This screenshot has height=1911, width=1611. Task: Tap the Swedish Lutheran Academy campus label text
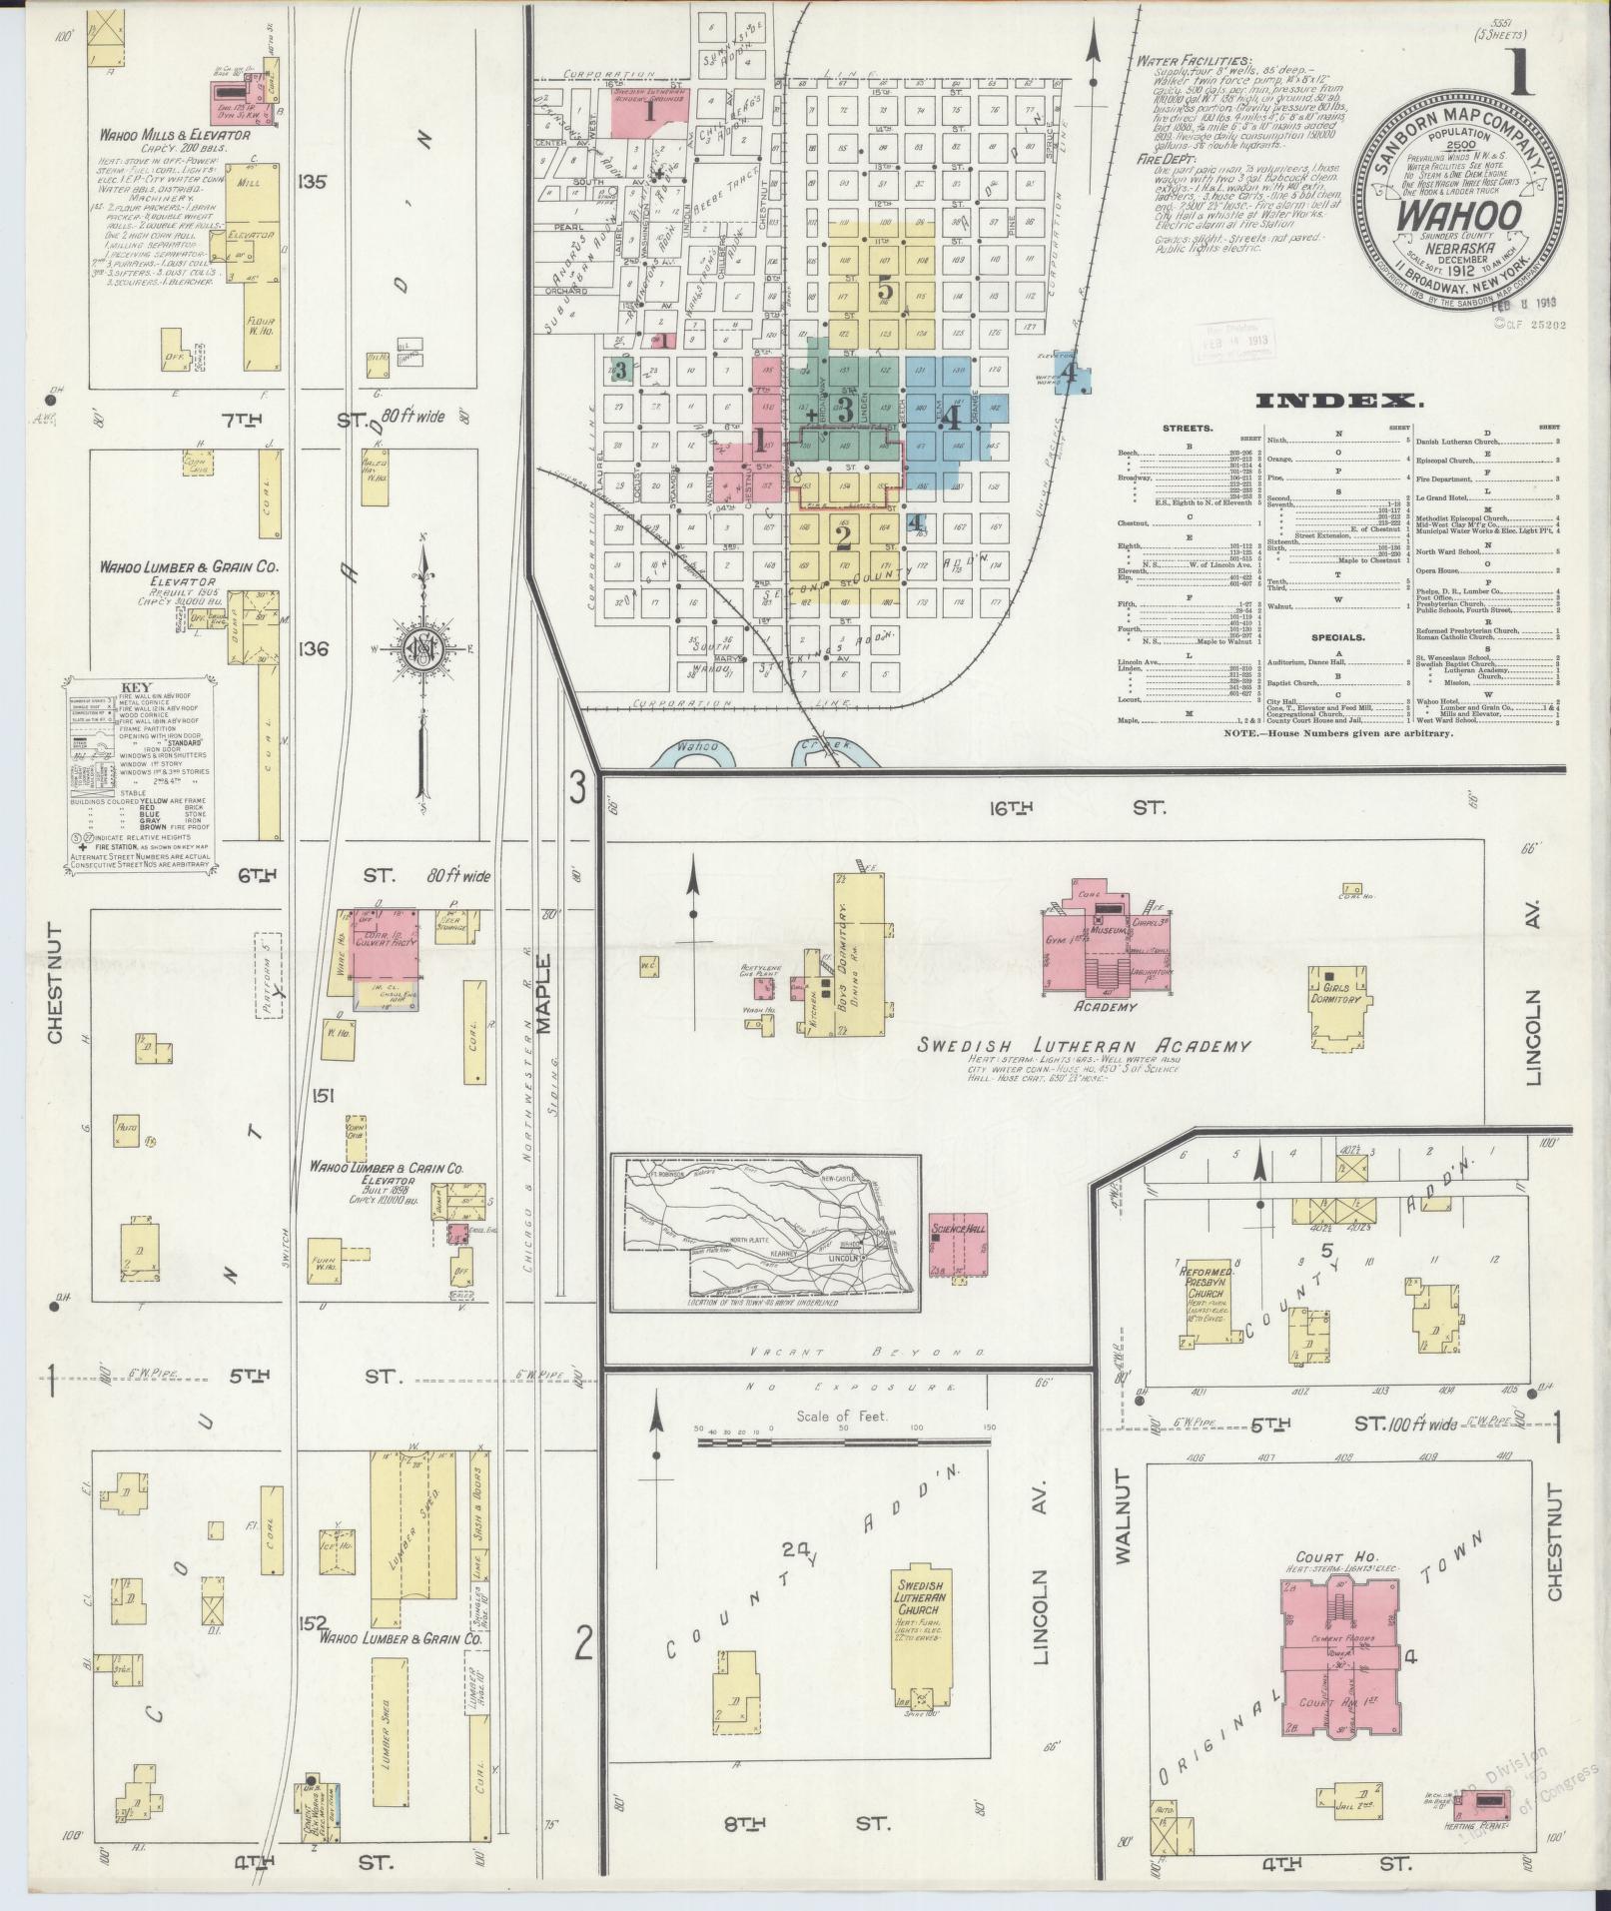coord(1084,1046)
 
